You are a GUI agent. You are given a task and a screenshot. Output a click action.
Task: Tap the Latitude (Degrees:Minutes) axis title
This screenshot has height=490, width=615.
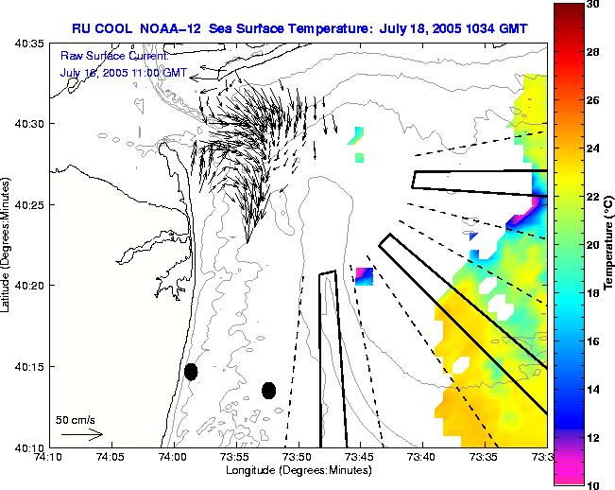9,245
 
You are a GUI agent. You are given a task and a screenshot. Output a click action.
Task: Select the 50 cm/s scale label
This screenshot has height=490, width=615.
75,419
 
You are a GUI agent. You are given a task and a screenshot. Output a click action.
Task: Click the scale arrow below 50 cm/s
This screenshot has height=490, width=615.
81,434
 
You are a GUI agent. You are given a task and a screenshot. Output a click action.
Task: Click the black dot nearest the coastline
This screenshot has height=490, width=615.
191,372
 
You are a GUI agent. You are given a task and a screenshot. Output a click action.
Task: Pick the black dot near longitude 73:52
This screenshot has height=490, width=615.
268,391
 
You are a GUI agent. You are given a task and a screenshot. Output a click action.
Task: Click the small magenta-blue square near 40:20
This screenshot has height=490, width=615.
364,276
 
